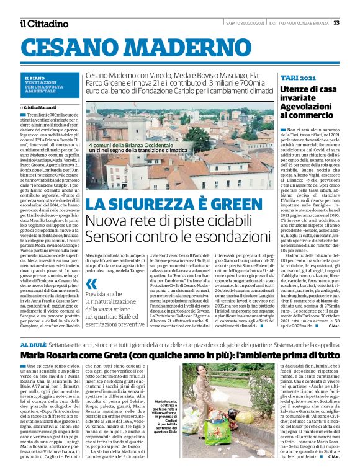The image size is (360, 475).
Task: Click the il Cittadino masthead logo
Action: coord(44,24)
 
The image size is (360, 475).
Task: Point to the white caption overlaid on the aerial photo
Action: coord(138,146)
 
